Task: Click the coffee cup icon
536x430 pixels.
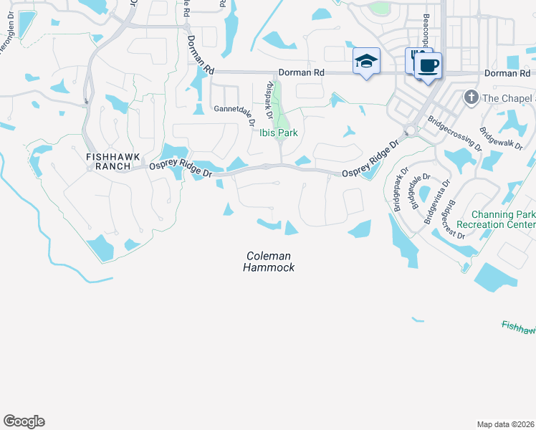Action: coord(429,66)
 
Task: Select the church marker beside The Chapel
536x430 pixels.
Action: coord(471,97)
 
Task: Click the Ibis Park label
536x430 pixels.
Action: coord(279,133)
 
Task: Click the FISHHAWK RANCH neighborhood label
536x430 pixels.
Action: coord(108,161)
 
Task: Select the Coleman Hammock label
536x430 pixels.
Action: coord(270,261)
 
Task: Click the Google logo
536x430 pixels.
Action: coord(24,421)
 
